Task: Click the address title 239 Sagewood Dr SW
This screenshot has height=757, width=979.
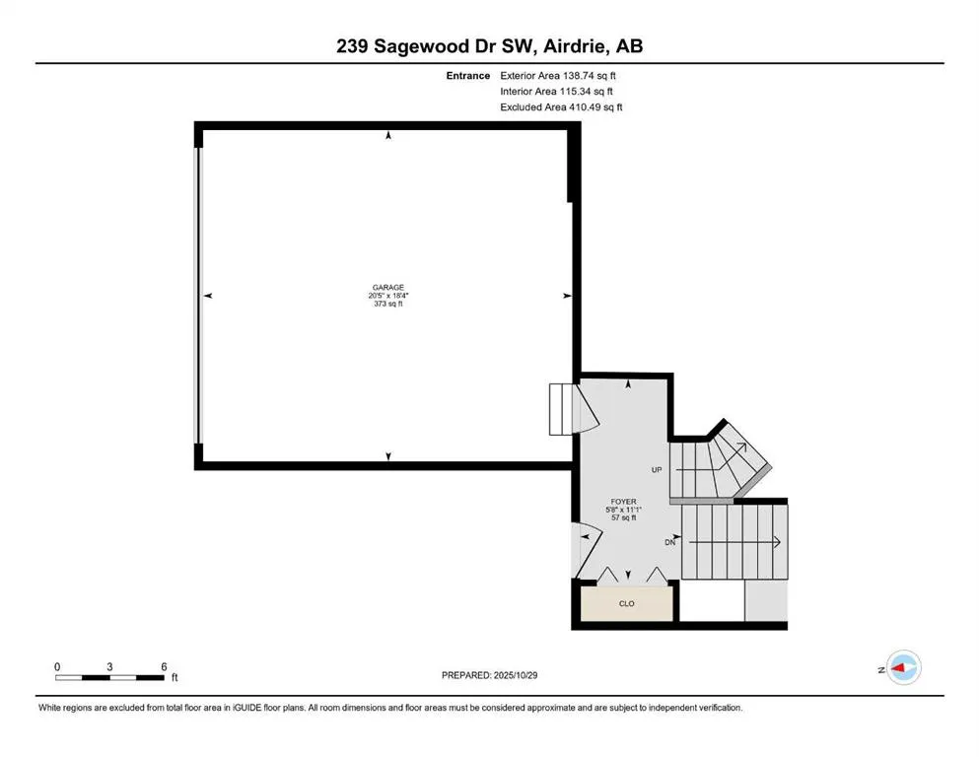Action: tap(489, 46)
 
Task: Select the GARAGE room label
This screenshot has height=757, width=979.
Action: tap(387, 288)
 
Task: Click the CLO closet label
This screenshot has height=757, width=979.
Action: tap(626, 602)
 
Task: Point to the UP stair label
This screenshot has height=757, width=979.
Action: tap(656, 469)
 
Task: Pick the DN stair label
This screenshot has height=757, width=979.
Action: tap(669, 542)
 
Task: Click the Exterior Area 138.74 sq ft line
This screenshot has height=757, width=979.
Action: tap(559, 75)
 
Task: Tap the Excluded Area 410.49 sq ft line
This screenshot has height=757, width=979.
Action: tap(561, 106)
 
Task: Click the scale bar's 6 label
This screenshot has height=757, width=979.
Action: tap(164, 666)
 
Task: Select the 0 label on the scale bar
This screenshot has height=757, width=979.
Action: tap(57, 666)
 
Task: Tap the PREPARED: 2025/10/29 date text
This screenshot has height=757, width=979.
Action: tap(489, 675)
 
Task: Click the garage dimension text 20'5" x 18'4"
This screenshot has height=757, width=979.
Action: tap(387, 296)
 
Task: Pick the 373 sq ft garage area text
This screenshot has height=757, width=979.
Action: tap(387, 304)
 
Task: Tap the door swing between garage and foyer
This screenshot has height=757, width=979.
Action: tap(586, 409)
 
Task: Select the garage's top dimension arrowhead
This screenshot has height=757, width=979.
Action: tap(387, 136)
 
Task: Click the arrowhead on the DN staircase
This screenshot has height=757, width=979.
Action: tap(777, 541)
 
